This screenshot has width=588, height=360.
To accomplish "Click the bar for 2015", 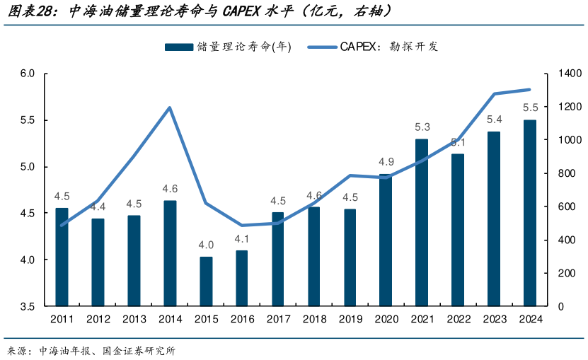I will pos(206,281).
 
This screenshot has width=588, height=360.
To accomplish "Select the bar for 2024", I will pos(529,213).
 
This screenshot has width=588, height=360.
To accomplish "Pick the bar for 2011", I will pos(62,257).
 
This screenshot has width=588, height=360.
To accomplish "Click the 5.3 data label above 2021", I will pos(422,127).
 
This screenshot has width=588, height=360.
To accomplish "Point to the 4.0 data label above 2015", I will pos(206,245).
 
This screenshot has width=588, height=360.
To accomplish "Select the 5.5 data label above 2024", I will pos(530,108).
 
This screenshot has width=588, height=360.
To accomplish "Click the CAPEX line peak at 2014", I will pos(170,108).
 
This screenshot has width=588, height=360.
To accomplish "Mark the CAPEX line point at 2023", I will pos(494,94).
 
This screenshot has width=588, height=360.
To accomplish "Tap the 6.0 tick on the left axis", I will pos(27,74).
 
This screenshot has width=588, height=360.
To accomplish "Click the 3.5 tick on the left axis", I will pos(27,306).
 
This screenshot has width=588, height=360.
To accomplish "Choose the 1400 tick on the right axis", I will pos(559,74).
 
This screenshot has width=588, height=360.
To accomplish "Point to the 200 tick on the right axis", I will pos(556,273).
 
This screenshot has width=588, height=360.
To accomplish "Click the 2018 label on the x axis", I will pos(314,319).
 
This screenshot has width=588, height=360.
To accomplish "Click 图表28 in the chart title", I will pos(33,11).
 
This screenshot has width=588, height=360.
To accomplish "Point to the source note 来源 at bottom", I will pos(17,350).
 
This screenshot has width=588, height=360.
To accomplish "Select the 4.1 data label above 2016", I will pos(242,238).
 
